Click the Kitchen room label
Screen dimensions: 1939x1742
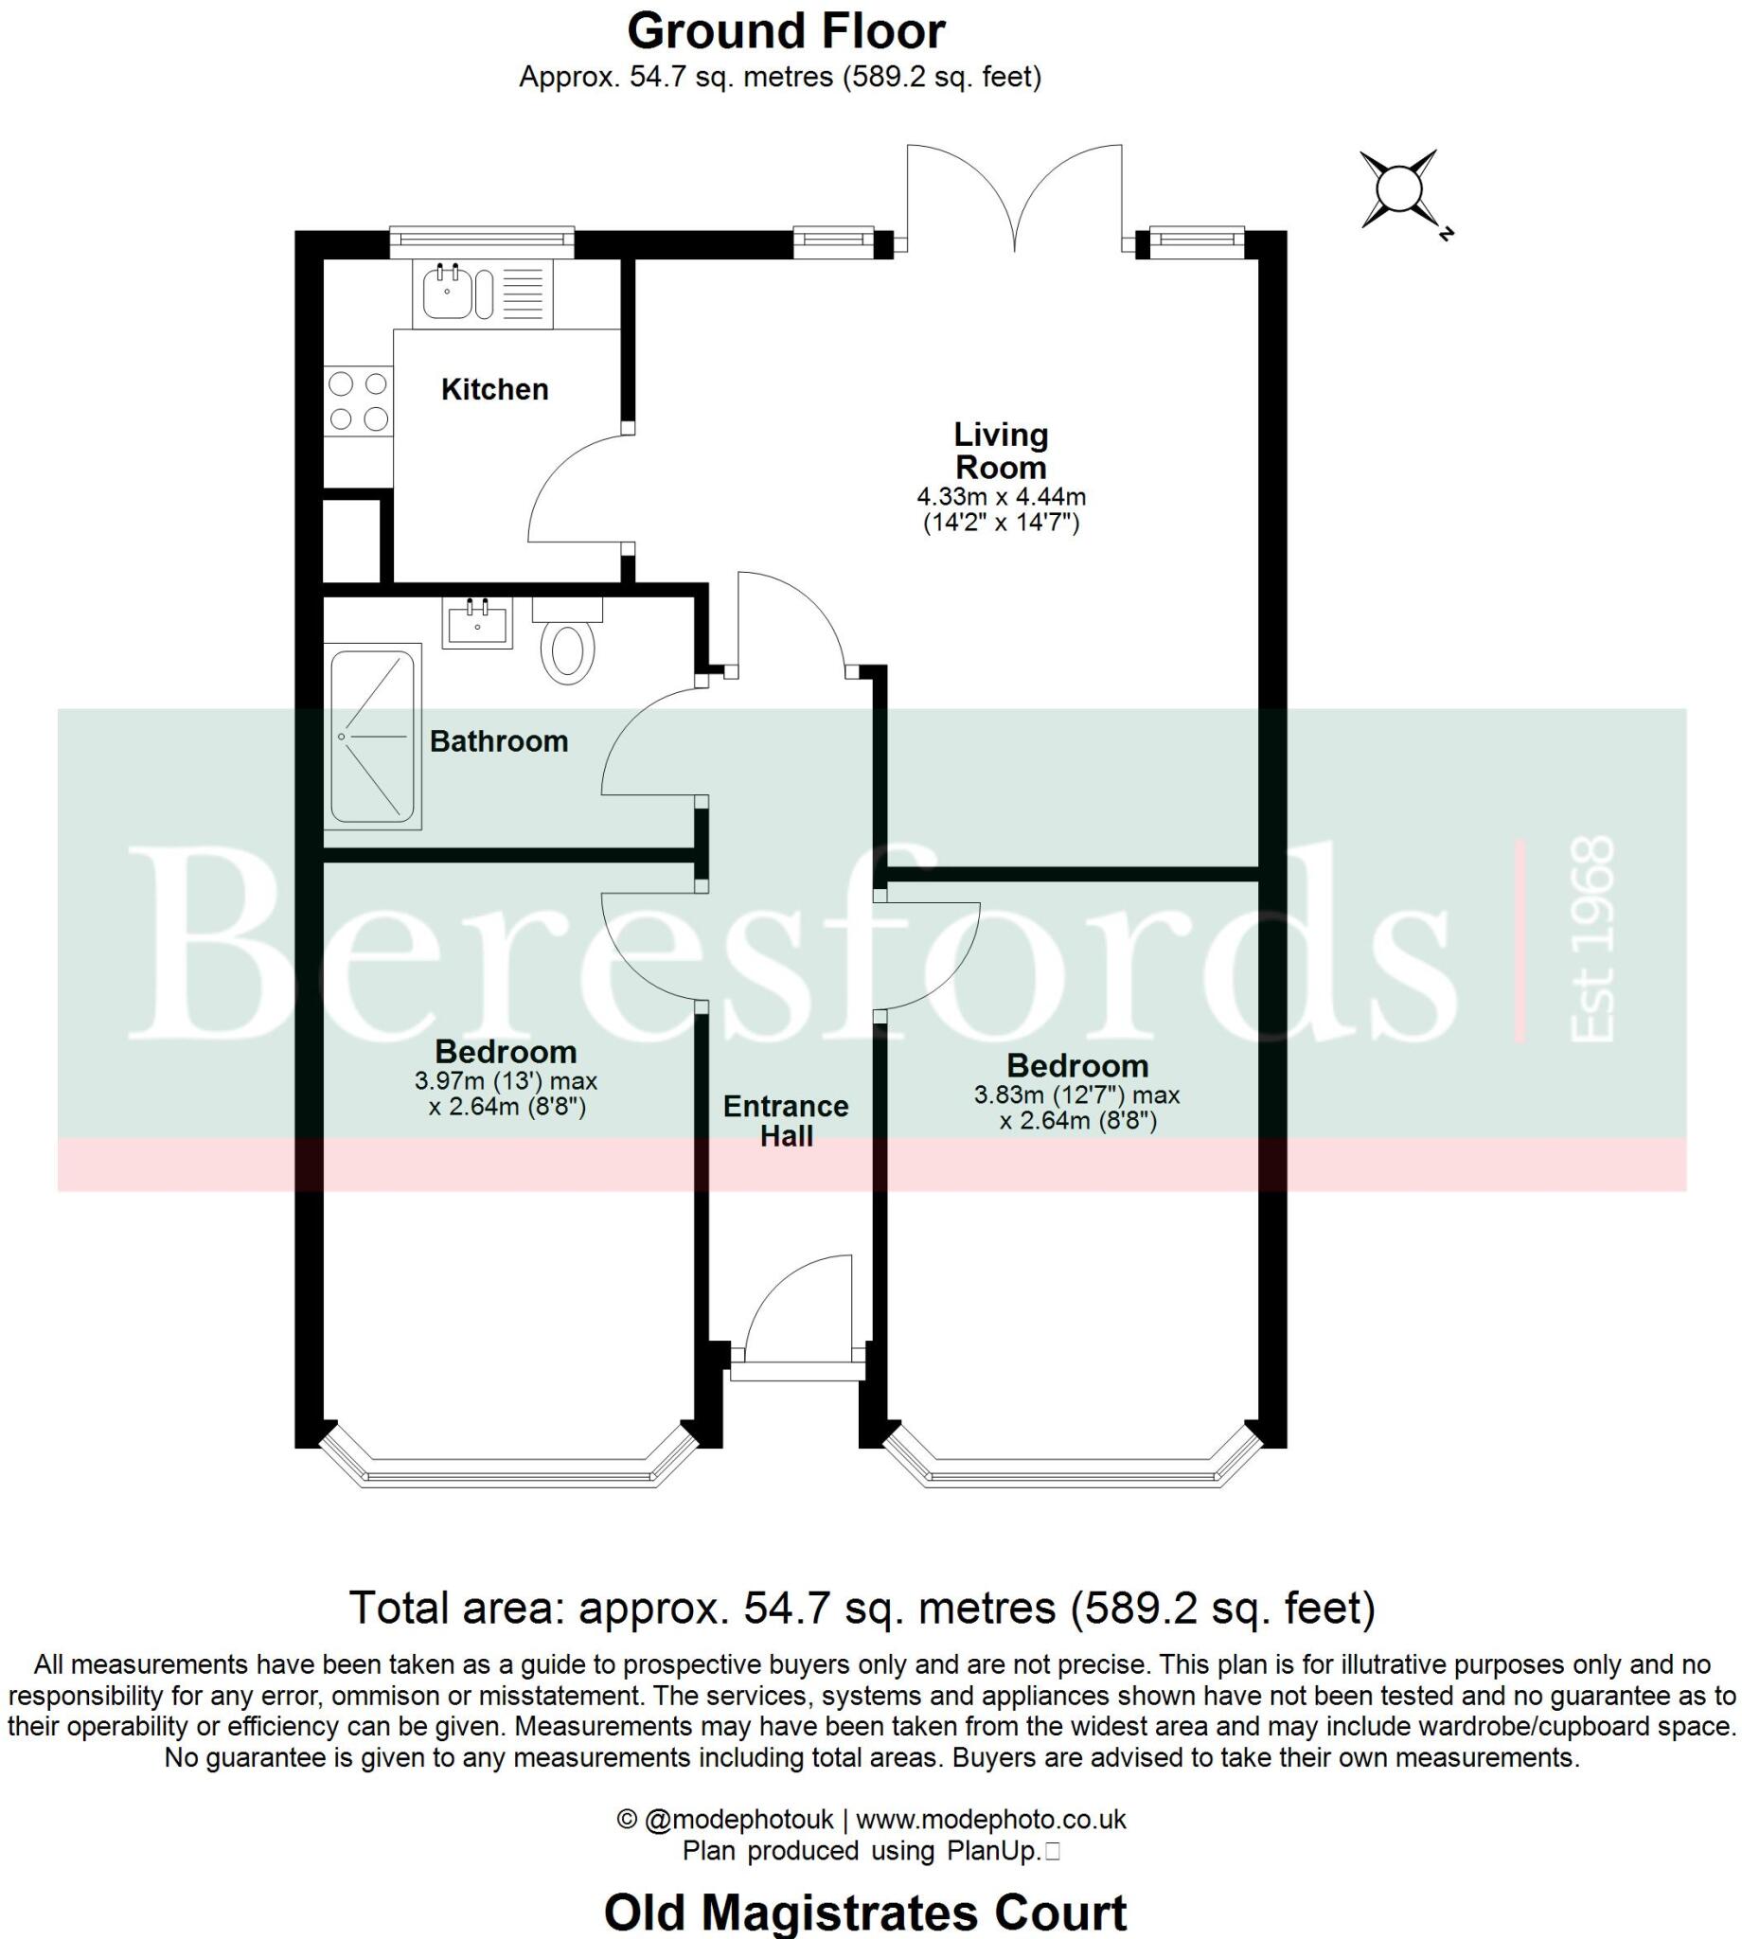pos(494,389)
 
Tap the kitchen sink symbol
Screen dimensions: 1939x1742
pos(447,292)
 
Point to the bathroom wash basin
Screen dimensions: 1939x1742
pos(476,623)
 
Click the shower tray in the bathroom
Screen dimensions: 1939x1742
pos(373,736)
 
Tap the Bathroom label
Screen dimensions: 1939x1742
pos(499,741)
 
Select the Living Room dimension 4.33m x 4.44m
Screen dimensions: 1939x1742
pos(1001,498)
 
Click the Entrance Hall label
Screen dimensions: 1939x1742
pos(786,1121)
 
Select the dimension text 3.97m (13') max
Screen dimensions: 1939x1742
pos(506,1082)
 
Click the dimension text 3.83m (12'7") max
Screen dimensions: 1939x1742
pos(1076,1094)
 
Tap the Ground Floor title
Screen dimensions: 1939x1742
pos(786,31)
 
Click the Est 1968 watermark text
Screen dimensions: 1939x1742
pos(1592,939)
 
